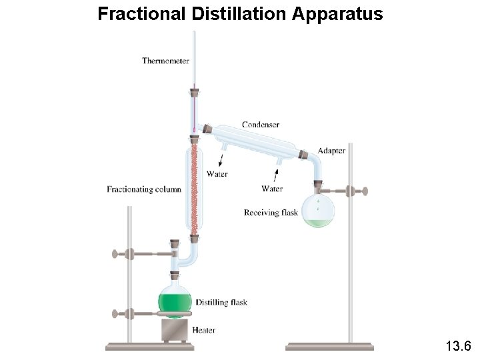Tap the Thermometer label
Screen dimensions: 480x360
point(165,61)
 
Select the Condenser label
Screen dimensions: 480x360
point(260,125)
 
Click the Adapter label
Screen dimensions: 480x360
point(331,151)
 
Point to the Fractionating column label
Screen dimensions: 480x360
point(143,189)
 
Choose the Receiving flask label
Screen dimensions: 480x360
point(271,213)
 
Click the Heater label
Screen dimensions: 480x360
point(203,329)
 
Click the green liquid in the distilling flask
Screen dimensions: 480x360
point(175,302)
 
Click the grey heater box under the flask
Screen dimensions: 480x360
point(175,329)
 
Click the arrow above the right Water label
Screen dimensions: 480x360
point(275,175)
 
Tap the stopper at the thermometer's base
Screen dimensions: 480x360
point(195,92)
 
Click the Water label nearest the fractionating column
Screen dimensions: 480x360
point(216,175)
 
